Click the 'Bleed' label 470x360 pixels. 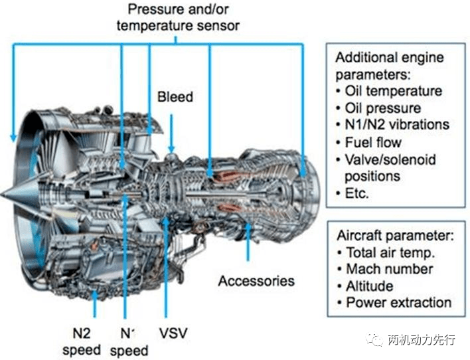point(175,97)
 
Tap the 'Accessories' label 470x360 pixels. point(256,280)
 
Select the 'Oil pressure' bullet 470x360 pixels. point(383,108)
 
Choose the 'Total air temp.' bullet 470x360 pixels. point(390,252)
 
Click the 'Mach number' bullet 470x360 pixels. point(389,269)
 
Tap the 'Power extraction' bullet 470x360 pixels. point(398,303)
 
